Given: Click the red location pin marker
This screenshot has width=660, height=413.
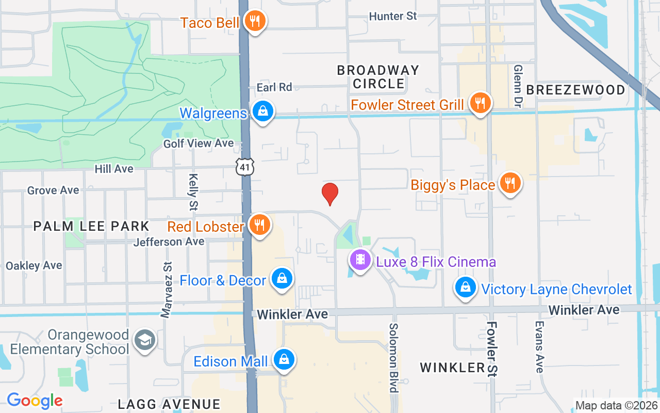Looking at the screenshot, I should pos(329,194).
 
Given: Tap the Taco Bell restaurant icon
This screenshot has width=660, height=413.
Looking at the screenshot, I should pos(255,21).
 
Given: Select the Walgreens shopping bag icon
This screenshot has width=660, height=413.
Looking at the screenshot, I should pos(263,111).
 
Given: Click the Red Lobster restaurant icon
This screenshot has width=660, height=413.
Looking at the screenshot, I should pos(259,225).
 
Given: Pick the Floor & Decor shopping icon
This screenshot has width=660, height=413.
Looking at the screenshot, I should pos(282,279).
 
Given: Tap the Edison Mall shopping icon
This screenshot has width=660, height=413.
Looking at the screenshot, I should pos(284,360).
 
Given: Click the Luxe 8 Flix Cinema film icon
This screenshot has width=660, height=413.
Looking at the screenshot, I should pos(360,260).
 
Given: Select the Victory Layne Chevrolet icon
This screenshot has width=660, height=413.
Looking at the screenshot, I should pos(466,287).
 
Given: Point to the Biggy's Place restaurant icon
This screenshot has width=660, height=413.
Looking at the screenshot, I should pos(510,183).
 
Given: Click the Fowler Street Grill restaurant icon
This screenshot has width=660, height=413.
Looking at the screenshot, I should pos(480,103).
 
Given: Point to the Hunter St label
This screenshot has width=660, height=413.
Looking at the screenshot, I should pos(393,17).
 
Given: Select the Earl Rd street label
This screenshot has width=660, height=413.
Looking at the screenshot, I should pos(274,87).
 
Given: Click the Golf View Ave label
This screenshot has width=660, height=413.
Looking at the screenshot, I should pos(199,144).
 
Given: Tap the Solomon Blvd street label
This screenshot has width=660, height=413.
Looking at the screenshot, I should pos(394,357).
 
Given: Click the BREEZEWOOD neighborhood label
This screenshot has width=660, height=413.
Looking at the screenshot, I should pos(575,90).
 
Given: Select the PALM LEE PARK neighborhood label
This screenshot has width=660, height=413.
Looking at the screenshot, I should pos(91,226).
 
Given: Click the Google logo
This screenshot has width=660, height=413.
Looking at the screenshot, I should pos(35,401).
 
